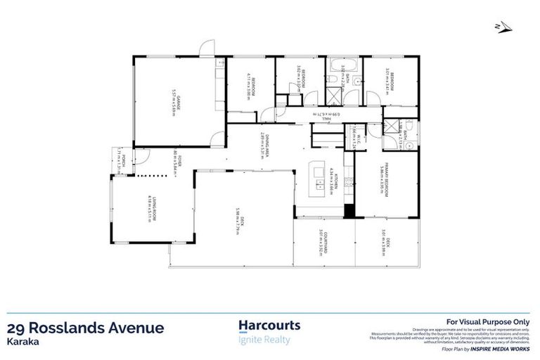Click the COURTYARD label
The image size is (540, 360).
pyautogui.click(x=324, y=241)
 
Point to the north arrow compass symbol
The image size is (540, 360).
pyautogui.click(x=500, y=27)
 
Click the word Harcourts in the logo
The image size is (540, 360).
pyautogui.click(x=270, y=326)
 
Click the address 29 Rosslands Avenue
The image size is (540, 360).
pyautogui.click(x=85, y=328)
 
